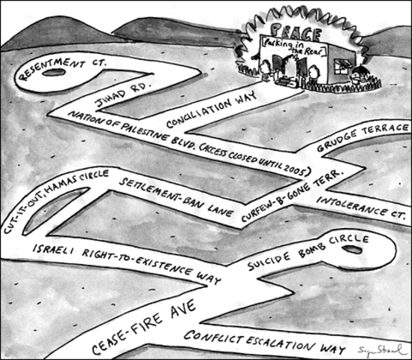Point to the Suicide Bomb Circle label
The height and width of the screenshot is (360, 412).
308,250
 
